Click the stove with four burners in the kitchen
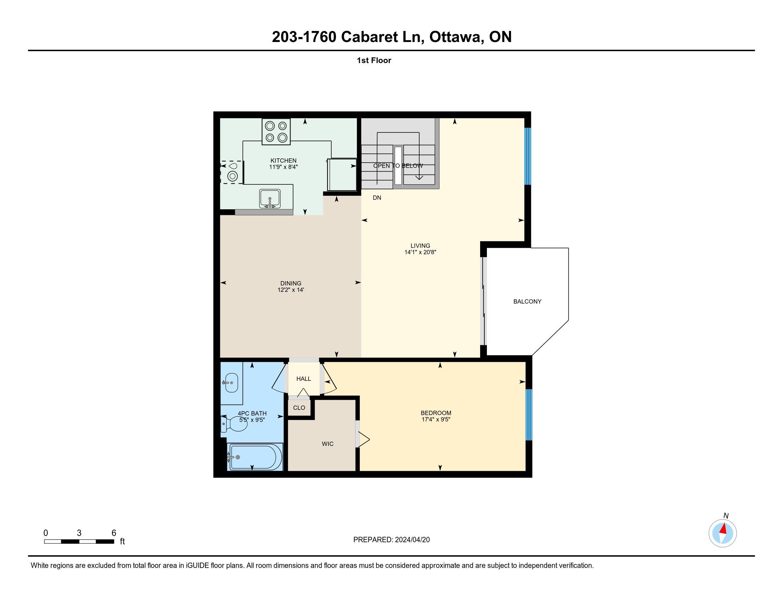tap(276, 132)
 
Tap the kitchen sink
tap(270, 199)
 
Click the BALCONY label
tap(527, 301)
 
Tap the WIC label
tap(328, 444)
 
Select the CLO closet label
tap(299, 407)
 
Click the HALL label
tap(304, 379)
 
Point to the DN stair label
tap(377, 198)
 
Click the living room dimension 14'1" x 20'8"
tap(420, 252)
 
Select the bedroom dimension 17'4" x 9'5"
tap(436, 419)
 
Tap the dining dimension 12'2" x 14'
tap(291, 290)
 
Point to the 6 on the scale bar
tap(114, 533)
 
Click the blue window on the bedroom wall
tap(529, 415)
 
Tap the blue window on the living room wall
tap(527, 156)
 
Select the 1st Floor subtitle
tap(374, 60)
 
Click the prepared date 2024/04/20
tap(412, 540)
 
